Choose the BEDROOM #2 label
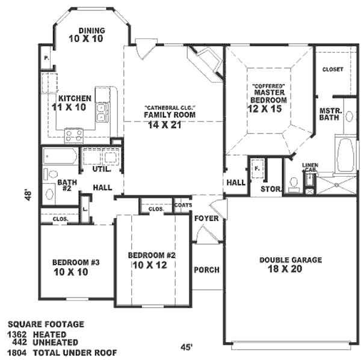tap(151, 260)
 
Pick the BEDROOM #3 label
tap(75, 267)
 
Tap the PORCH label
tap(207, 270)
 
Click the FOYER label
tap(206, 218)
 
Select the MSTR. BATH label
tap(329, 114)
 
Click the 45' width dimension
tap(188, 346)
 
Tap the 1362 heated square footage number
tap(17, 334)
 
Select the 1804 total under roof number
tap(17, 352)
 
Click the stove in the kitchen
tap(74, 135)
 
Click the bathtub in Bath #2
tap(60, 159)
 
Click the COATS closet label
tap(182, 204)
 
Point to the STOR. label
tap(268, 189)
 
